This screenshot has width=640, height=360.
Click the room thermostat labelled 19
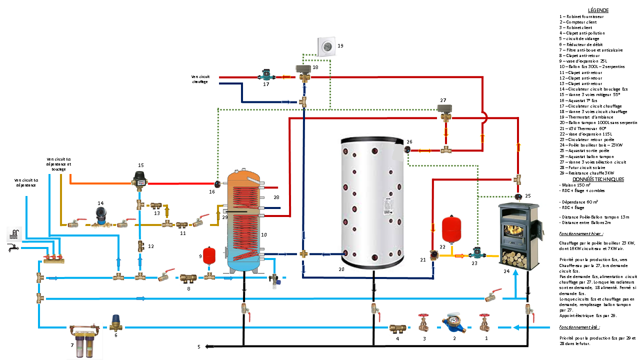[327, 47]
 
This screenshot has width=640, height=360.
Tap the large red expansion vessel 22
[451, 227]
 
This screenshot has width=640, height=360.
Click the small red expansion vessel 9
[209, 254]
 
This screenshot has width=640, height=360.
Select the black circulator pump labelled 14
[101, 217]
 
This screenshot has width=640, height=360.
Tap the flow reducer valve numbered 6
[116, 322]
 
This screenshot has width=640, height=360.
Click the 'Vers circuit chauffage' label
[200, 79]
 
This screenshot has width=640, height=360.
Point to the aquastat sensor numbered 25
[520, 196]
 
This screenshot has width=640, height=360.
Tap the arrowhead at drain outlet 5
[206, 346]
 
